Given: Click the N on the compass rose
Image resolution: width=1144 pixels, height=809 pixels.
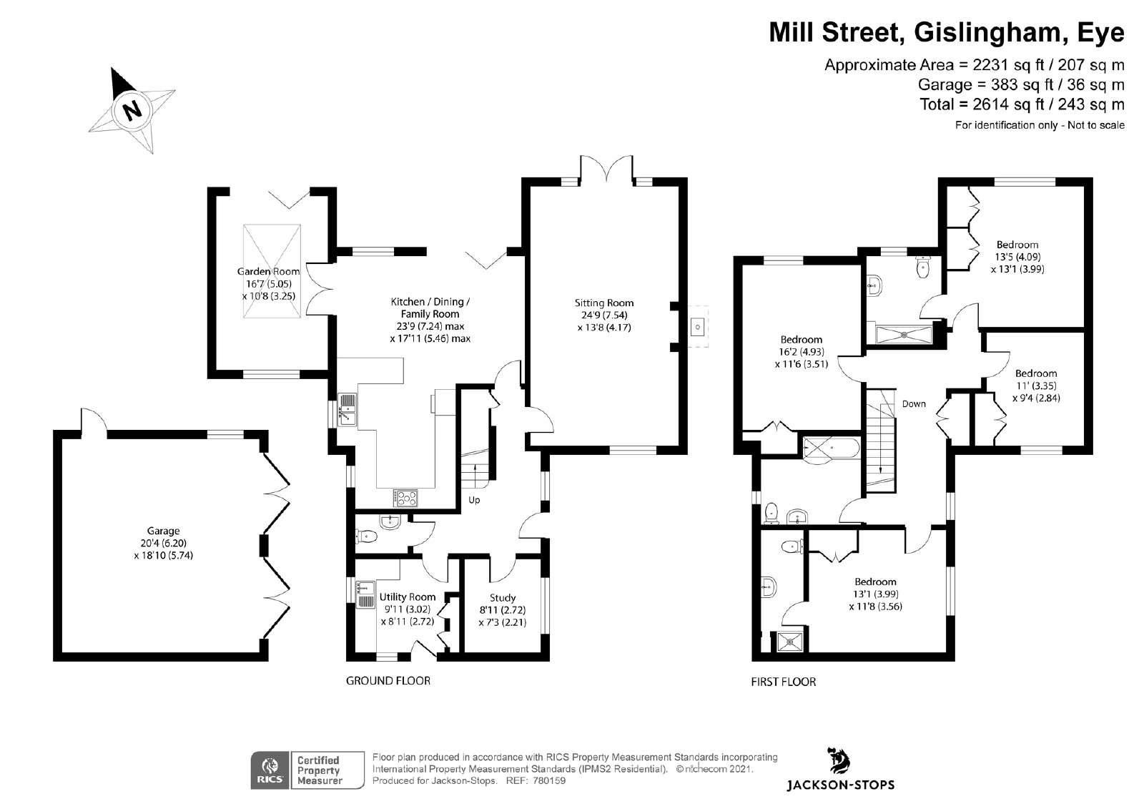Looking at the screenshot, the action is [x=132, y=110].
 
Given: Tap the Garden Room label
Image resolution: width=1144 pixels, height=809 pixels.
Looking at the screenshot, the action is [x=268, y=271].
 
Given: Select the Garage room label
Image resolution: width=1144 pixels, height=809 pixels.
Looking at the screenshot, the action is [x=164, y=531].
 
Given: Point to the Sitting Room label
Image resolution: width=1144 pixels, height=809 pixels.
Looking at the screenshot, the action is [x=604, y=303].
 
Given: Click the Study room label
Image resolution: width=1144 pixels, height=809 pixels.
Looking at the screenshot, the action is [x=503, y=597].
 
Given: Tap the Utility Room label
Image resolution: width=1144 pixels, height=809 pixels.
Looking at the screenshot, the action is [x=408, y=597].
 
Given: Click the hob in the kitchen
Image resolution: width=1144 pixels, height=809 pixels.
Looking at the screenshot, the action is [x=405, y=498].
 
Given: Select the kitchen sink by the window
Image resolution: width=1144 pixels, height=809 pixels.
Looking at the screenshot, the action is [x=347, y=410].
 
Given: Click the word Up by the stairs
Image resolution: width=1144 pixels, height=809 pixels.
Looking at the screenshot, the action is [x=475, y=500].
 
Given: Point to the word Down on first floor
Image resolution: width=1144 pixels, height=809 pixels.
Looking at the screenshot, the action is [x=914, y=403].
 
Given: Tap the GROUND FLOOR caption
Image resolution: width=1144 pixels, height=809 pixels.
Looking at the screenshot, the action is [x=388, y=681].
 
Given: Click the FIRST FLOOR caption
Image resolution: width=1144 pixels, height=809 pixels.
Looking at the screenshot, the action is [x=784, y=682].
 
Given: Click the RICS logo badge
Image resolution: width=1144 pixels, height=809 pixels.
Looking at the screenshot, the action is [x=270, y=770].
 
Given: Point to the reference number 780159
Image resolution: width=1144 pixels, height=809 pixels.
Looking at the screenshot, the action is [x=550, y=781].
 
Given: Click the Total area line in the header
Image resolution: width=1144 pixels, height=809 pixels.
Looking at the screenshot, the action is [x=1022, y=104].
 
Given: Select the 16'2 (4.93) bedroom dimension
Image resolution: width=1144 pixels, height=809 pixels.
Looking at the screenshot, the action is [x=802, y=352].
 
